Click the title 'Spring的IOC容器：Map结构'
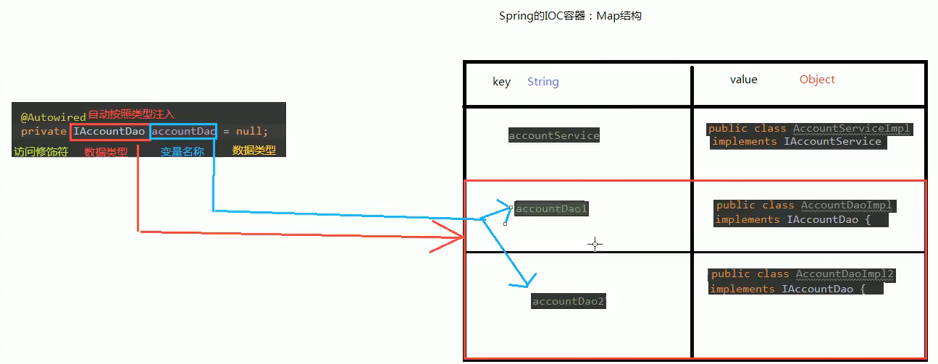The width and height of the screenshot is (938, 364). [x=570, y=16]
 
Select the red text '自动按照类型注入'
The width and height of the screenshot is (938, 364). [x=131, y=115]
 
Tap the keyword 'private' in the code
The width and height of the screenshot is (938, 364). [x=44, y=132]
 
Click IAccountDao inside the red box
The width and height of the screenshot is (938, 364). [x=109, y=132]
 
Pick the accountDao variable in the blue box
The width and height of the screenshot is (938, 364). [x=183, y=132]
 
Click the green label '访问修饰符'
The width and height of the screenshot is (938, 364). [x=41, y=152]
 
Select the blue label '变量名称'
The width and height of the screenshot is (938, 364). [x=182, y=152]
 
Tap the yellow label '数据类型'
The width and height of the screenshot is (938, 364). [x=254, y=151]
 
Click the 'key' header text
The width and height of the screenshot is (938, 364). [x=501, y=82]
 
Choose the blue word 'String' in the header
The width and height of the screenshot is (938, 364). [x=543, y=82]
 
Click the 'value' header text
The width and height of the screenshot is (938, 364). [x=743, y=80]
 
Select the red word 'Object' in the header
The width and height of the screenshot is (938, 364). [x=817, y=80]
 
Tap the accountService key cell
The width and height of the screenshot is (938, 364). [x=554, y=135]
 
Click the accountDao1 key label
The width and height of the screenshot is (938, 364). [x=552, y=208]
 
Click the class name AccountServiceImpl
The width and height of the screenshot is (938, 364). [x=852, y=129]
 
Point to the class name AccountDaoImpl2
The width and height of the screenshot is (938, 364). [x=845, y=274]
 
